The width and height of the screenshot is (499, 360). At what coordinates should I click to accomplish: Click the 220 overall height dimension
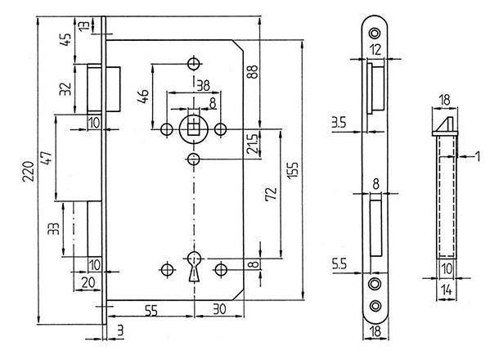(x=29, y=171)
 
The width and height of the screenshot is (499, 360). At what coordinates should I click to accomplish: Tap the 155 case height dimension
(x=293, y=170)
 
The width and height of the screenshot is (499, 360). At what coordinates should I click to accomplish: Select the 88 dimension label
(x=253, y=72)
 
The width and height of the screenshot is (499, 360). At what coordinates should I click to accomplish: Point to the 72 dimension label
(x=271, y=194)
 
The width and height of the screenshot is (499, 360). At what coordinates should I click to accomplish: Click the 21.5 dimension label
(x=253, y=144)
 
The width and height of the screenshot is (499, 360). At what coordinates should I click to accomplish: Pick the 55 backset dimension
(x=151, y=310)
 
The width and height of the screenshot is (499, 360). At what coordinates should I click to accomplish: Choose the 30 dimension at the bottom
(x=219, y=308)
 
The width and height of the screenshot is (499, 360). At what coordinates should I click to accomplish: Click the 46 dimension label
(x=143, y=96)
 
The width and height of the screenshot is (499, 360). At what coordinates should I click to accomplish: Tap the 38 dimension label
(x=203, y=86)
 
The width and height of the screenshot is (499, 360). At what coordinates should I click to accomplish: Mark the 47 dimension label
(x=47, y=158)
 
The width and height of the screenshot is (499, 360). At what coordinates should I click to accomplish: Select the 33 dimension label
(x=54, y=228)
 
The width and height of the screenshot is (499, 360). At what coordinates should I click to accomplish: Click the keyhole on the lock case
(x=194, y=267)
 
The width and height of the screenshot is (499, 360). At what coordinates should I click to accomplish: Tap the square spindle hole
(x=193, y=129)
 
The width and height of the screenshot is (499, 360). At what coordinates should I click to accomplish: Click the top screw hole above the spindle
(x=194, y=64)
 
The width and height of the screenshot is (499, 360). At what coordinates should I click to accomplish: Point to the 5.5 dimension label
(x=339, y=264)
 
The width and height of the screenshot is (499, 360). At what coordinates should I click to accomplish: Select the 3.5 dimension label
(x=339, y=122)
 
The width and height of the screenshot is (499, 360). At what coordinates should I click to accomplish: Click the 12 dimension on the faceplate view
(x=375, y=50)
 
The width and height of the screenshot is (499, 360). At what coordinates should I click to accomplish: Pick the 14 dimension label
(x=447, y=290)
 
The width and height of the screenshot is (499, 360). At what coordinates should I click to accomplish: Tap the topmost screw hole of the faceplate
(x=375, y=33)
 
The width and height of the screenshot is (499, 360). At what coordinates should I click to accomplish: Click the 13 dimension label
(x=83, y=25)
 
